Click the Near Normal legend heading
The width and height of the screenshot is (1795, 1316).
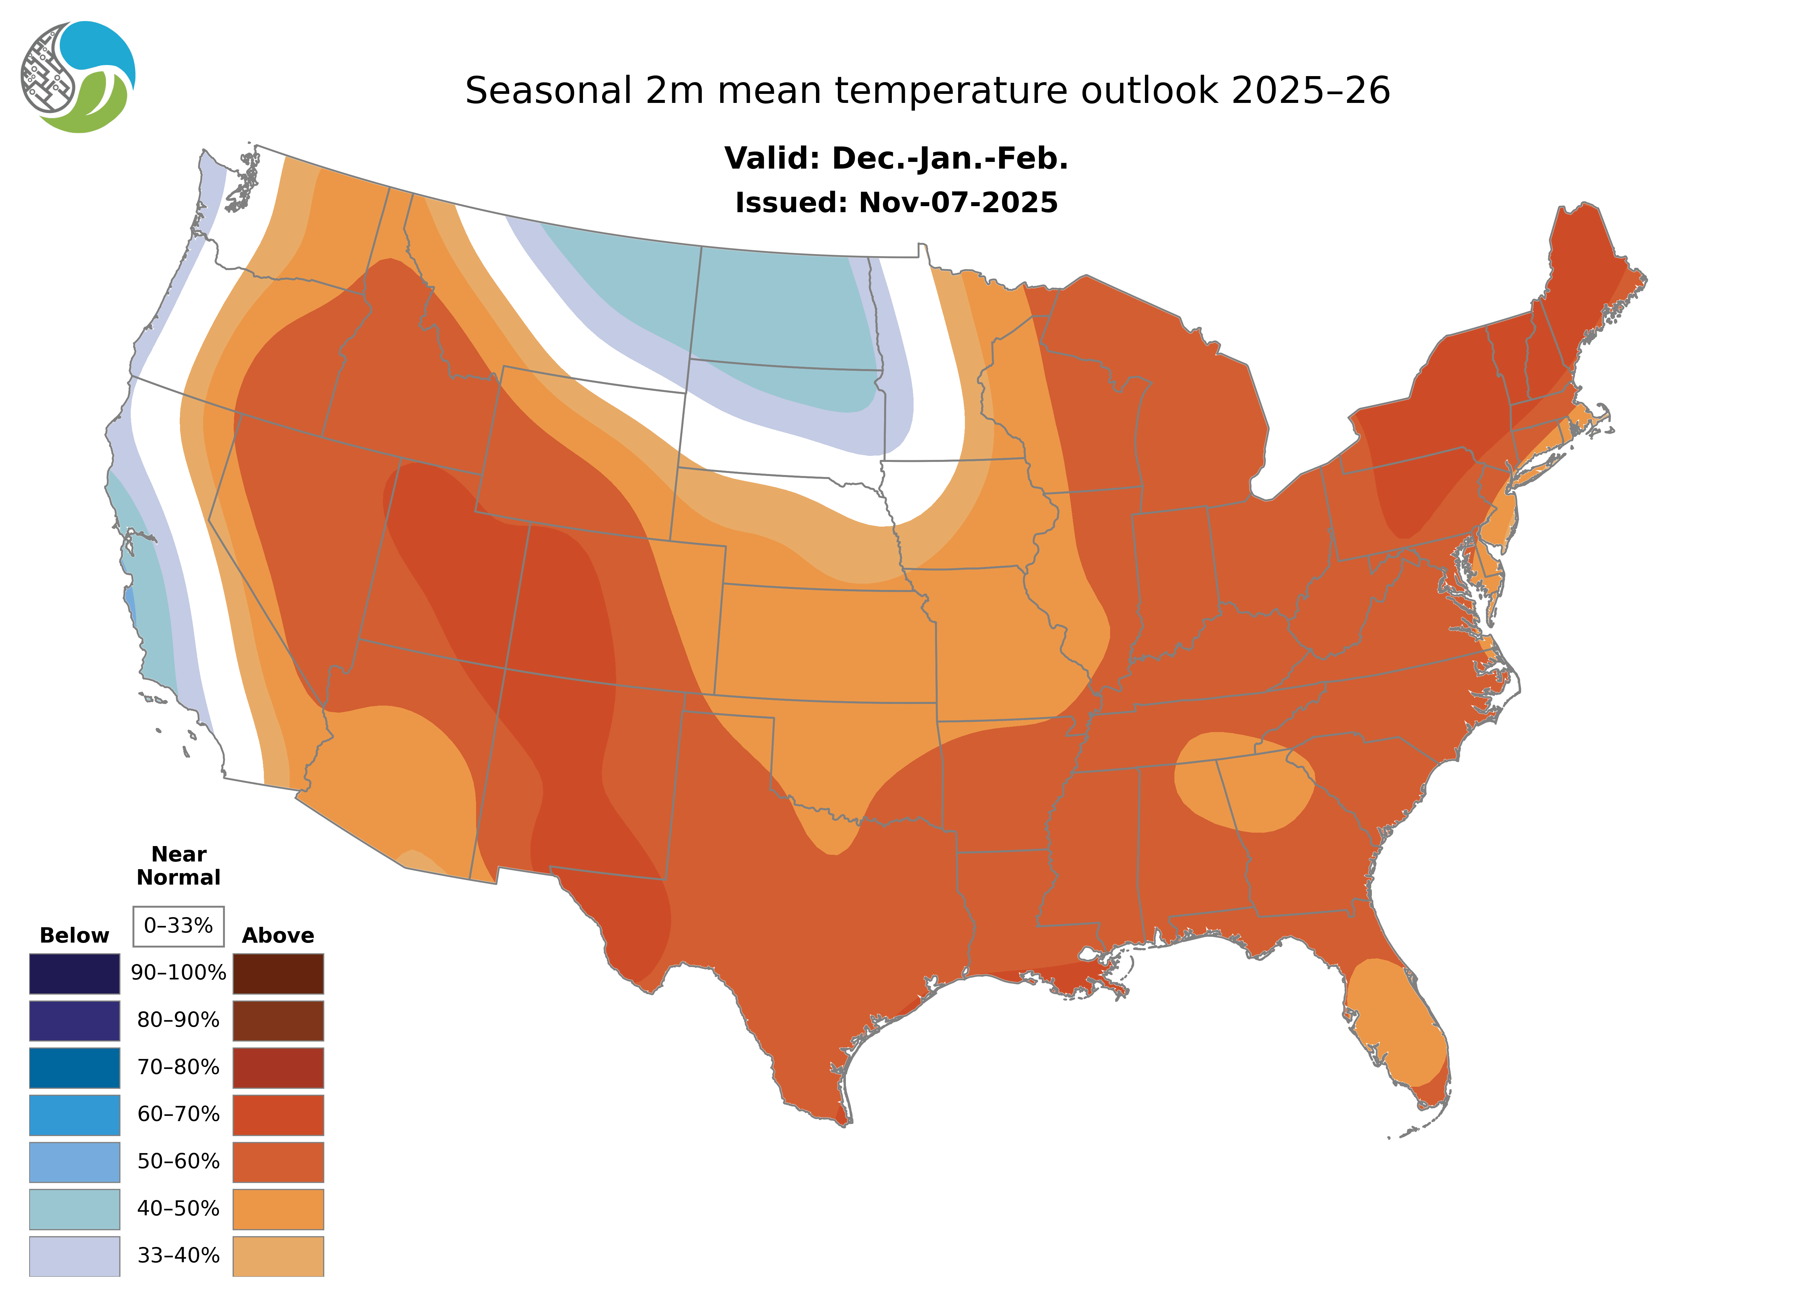pyautogui.click(x=178, y=866)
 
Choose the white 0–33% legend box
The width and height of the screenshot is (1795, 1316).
pyautogui.click(x=178, y=926)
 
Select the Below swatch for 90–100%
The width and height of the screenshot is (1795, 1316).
pyautogui.click(x=74, y=973)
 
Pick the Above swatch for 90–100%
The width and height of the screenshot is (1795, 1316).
pyautogui.click(x=278, y=973)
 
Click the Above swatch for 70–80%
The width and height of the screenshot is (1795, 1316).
pyautogui.click(x=278, y=1068)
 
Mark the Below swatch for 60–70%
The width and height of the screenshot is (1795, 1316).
pyautogui.click(x=74, y=1115)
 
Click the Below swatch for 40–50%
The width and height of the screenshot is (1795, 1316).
pyautogui.click(x=74, y=1208)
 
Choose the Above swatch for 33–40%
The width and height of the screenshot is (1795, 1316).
pyautogui.click(x=278, y=1255)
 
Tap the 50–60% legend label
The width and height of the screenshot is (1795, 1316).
pyautogui.click(x=178, y=1161)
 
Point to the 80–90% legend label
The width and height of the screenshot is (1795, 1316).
pyautogui.click(x=178, y=1020)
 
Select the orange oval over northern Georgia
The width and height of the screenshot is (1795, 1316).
pyautogui.click(x=1243, y=781)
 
